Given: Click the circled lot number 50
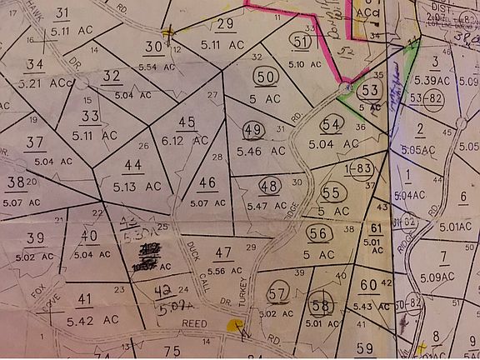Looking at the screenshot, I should tap(266, 77).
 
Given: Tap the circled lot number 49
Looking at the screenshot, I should tap(254, 129).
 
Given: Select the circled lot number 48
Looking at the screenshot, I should tap(269, 186).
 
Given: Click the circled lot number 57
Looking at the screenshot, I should tap(278, 292).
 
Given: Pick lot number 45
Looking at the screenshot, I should tap(187, 122).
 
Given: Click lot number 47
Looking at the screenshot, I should tap(222, 252).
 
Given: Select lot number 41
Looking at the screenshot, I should tap(84, 299).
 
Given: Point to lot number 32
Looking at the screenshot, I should tap(112, 76).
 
